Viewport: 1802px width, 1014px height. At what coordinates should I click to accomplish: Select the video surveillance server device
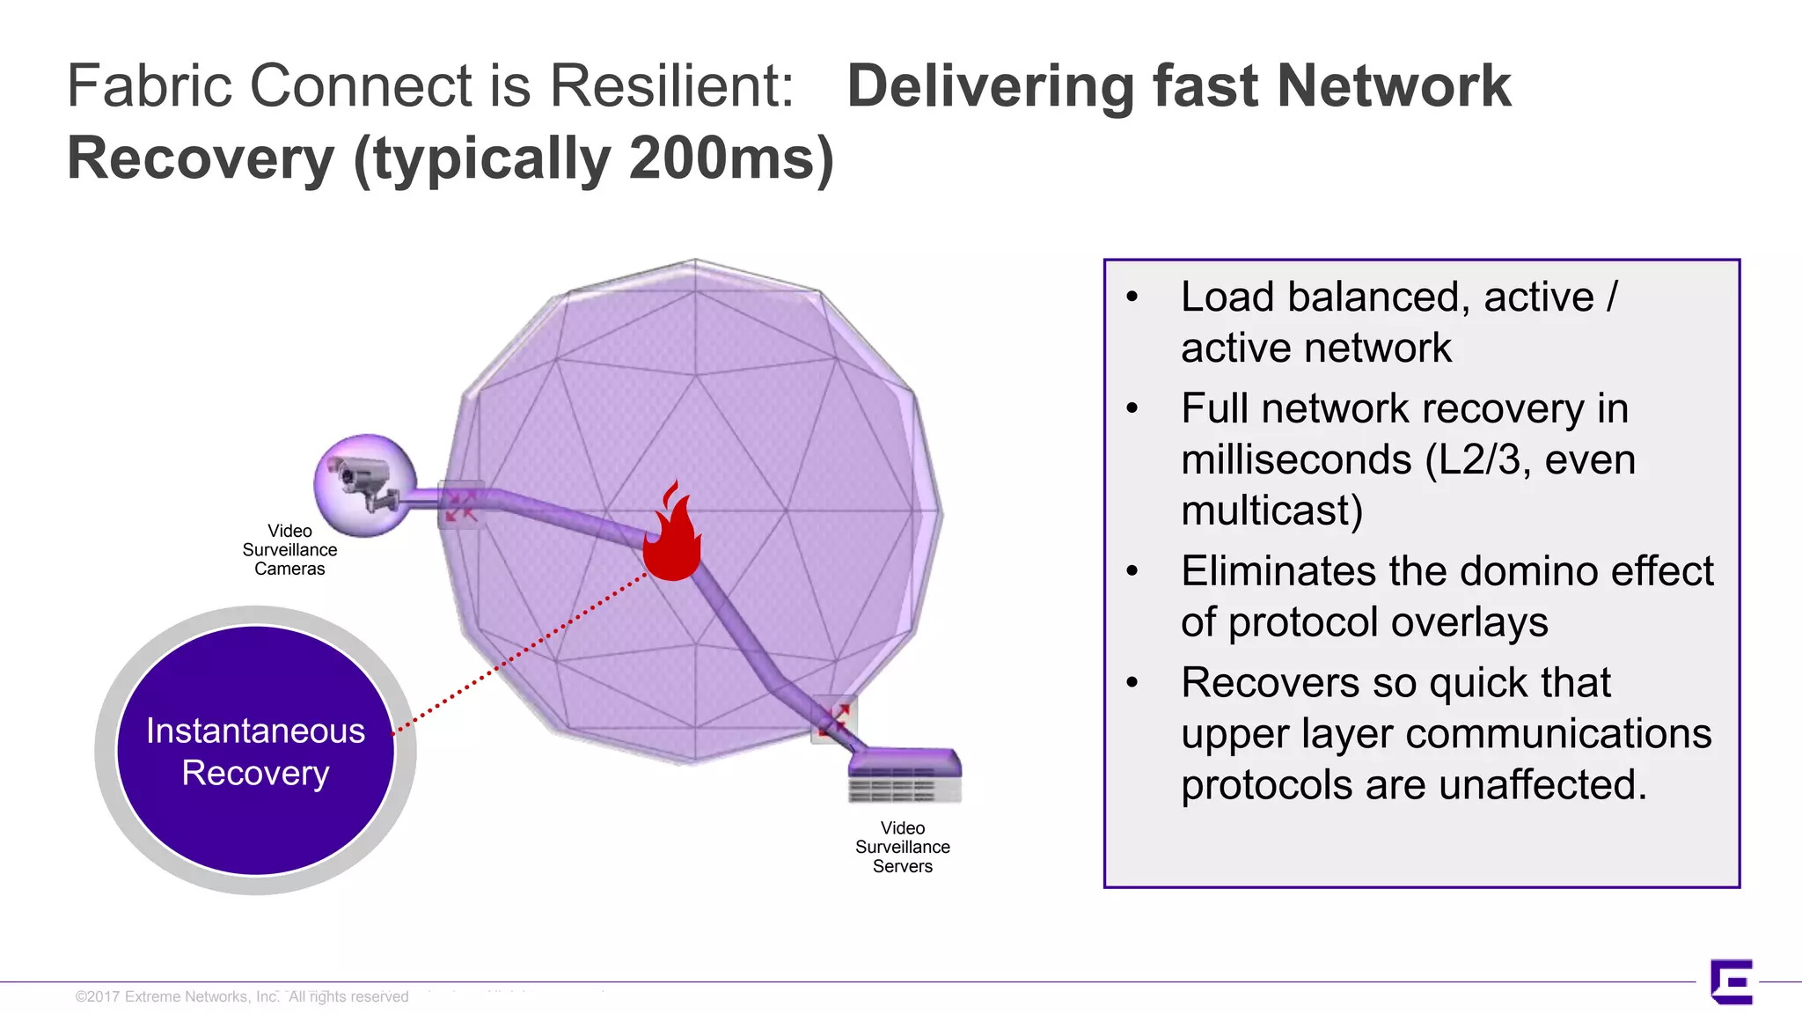905,775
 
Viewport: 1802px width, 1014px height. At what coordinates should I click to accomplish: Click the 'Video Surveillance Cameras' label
289,550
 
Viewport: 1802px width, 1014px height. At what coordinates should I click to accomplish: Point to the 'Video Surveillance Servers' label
902,847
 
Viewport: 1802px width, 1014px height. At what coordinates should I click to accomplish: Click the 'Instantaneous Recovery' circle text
255,752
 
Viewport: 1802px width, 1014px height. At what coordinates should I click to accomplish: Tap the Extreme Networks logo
1732,981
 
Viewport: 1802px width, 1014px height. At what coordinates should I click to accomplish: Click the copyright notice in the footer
242,996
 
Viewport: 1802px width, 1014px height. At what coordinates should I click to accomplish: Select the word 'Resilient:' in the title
671,86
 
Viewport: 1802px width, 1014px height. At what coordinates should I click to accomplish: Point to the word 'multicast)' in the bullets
1271,511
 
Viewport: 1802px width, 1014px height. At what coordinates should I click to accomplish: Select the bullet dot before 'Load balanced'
1132,298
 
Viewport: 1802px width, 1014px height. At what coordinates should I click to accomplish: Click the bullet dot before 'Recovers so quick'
1132,683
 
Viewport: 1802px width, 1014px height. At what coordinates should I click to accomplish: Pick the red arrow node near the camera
460,505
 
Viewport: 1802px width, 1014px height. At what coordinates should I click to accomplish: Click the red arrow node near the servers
834,719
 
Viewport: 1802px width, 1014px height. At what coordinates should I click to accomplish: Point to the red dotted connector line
519,652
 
